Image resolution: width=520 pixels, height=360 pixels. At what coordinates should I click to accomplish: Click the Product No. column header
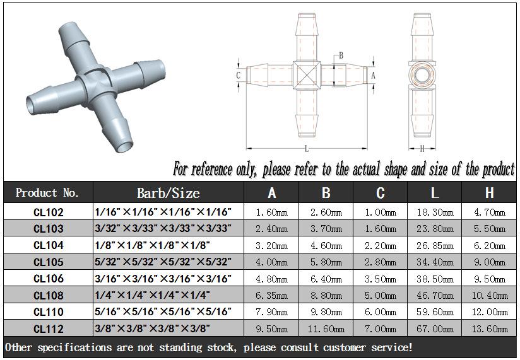(47, 193)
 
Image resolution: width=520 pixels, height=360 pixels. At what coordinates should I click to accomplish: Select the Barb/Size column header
(168, 193)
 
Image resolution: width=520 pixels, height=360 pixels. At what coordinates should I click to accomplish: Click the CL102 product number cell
(49, 212)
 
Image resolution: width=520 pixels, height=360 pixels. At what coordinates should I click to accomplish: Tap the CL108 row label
(49, 295)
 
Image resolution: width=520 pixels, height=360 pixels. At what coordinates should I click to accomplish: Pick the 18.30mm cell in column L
(435, 212)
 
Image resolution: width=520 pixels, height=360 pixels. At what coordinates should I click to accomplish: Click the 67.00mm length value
(435, 328)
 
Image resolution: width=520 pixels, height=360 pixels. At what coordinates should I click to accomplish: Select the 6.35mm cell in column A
(271, 295)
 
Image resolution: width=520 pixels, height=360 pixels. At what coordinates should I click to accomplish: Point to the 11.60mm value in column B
(326, 328)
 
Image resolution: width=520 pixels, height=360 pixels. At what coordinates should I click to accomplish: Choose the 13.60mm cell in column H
(490, 328)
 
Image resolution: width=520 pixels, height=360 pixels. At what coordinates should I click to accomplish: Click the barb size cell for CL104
(152, 245)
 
